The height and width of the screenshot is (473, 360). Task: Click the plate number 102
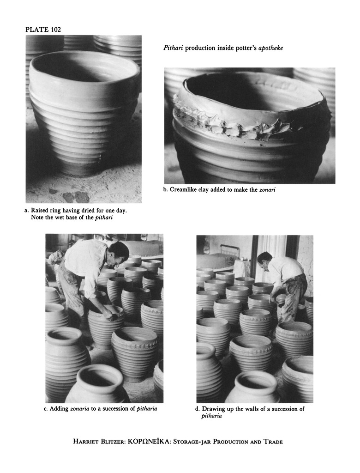[x=55, y=29]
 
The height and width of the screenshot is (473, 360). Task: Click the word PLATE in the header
[x=37, y=29]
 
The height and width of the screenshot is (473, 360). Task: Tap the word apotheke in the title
[x=271, y=48]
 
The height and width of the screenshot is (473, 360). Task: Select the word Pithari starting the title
[x=173, y=48]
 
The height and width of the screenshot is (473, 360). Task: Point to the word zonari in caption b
[x=267, y=190]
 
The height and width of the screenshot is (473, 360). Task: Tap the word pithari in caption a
[x=104, y=218]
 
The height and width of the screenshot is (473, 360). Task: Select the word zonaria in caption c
[x=79, y=409]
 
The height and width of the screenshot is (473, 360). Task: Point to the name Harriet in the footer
[x=85, y=442]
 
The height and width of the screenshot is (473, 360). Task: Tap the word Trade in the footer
[x=273, y=442]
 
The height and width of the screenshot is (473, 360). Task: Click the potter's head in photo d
[x=263, y=260]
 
